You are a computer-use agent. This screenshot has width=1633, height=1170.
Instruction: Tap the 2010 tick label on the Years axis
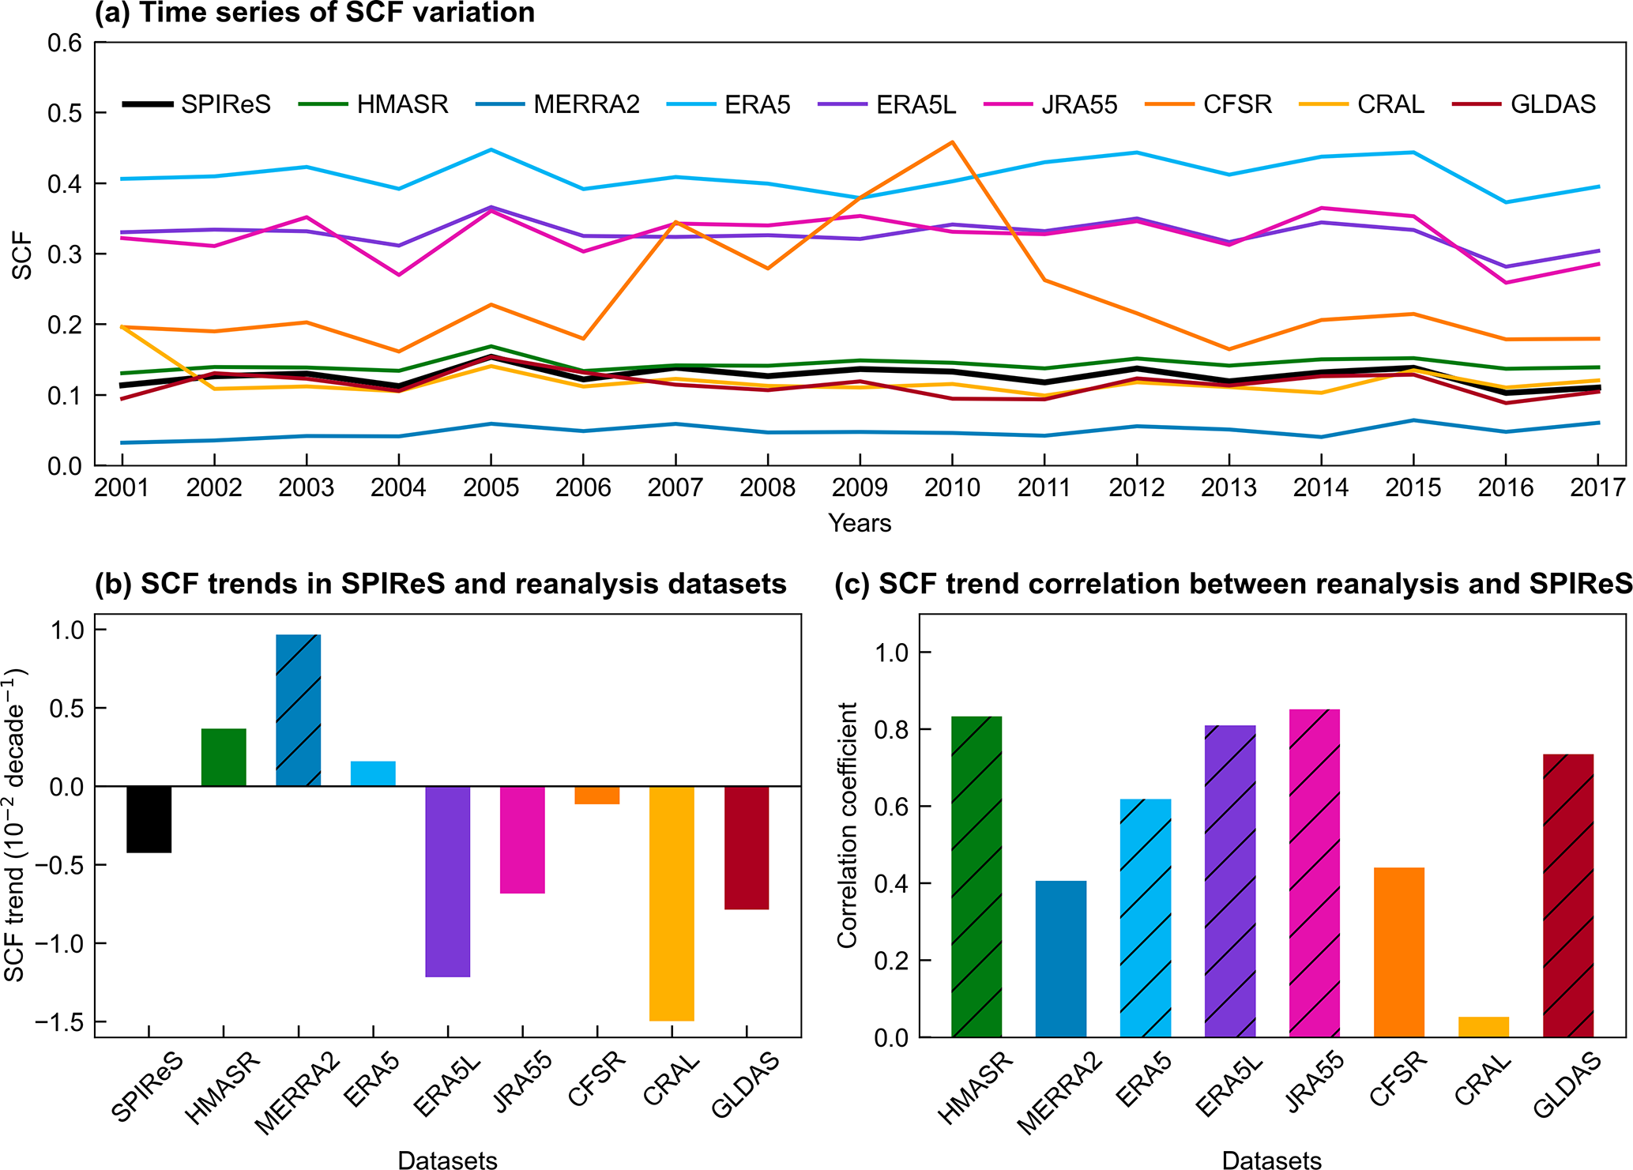(x=952, y=487)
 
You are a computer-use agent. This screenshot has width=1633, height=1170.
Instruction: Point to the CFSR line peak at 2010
(x=953, y=142)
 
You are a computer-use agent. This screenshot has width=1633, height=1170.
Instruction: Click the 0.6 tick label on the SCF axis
(x=65, y=43)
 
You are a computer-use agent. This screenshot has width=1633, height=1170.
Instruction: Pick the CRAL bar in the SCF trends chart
(x=672, y=903)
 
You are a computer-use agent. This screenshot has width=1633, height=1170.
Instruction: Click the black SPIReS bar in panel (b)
(x=149, y=819)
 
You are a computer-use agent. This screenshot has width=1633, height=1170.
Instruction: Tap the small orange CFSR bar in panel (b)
(x=596, y=795)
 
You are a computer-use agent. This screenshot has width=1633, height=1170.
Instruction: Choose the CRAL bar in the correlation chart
(x=1483, y=1026)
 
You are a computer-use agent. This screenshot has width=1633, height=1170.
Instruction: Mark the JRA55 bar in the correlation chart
(x=1314, y=873)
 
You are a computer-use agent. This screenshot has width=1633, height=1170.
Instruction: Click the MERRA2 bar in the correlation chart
(x=1060, y=958)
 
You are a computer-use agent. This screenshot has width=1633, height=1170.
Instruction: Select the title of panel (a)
(x=314, y=13)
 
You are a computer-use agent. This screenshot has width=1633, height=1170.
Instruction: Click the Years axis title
(x=860, y=523)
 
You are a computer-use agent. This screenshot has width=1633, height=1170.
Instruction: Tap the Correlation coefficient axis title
(x=847, y=825)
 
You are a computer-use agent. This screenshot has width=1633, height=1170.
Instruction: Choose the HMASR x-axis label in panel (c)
(x=975, y=1088)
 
